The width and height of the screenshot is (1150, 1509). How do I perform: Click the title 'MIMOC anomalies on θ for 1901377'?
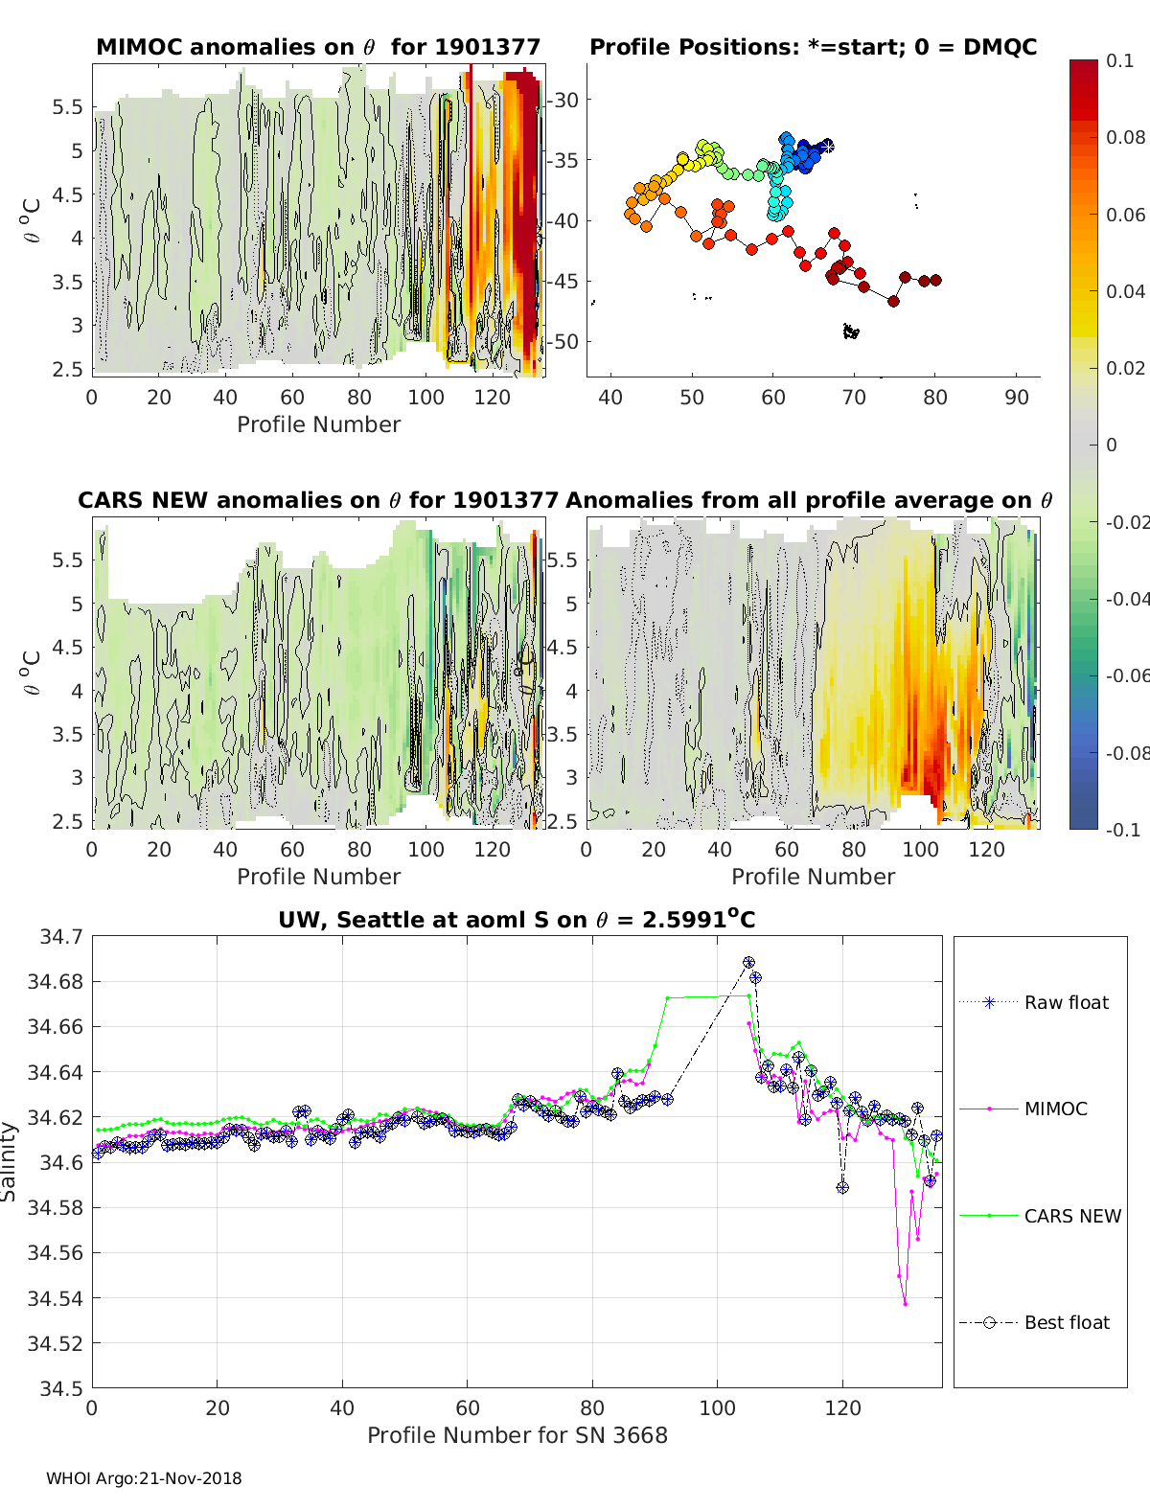click(x=318, y=47)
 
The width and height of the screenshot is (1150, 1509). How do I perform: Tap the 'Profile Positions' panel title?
click(x=813, y=47)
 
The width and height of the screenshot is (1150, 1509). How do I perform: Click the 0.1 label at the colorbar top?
click(x=1119, y=60)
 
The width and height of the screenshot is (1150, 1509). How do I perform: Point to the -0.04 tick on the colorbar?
click(x=1126, y=599)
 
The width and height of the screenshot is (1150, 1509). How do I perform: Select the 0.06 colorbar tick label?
click(x=1125, y=215)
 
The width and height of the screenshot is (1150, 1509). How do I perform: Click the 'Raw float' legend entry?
click(x=1066, y=1002)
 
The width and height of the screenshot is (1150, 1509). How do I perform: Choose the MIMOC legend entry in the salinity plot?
click(x=1055, y=1109)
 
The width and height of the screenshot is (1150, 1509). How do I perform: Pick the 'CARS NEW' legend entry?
click(x=1071, y=1216)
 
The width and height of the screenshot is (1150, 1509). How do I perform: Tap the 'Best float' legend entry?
click(x=1066, y=1322)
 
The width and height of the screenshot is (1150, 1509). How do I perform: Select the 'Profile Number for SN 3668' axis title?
click(x=517, y=1435)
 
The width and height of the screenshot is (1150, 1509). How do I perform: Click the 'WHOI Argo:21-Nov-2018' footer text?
click(x=144, y=1478)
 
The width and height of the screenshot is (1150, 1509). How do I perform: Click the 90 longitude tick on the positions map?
click(x=1017, y=397)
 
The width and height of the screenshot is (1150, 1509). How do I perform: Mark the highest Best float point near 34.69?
click(x=748, y=962)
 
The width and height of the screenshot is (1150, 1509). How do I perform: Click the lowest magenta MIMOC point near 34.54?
click(x=905, y=1303)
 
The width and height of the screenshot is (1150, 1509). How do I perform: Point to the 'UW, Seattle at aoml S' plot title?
click(x=517, y=920)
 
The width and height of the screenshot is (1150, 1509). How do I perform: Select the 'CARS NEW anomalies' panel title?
click(x=318, y=500)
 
